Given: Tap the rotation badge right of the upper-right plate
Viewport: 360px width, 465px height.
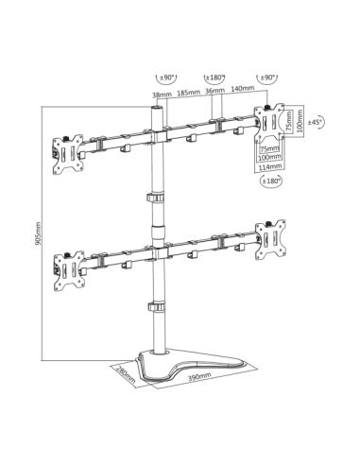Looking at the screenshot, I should (319, 120).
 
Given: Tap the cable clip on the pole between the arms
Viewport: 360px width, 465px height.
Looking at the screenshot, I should (154, 196).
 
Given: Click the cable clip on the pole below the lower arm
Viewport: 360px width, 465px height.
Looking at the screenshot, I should (154, 307).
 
